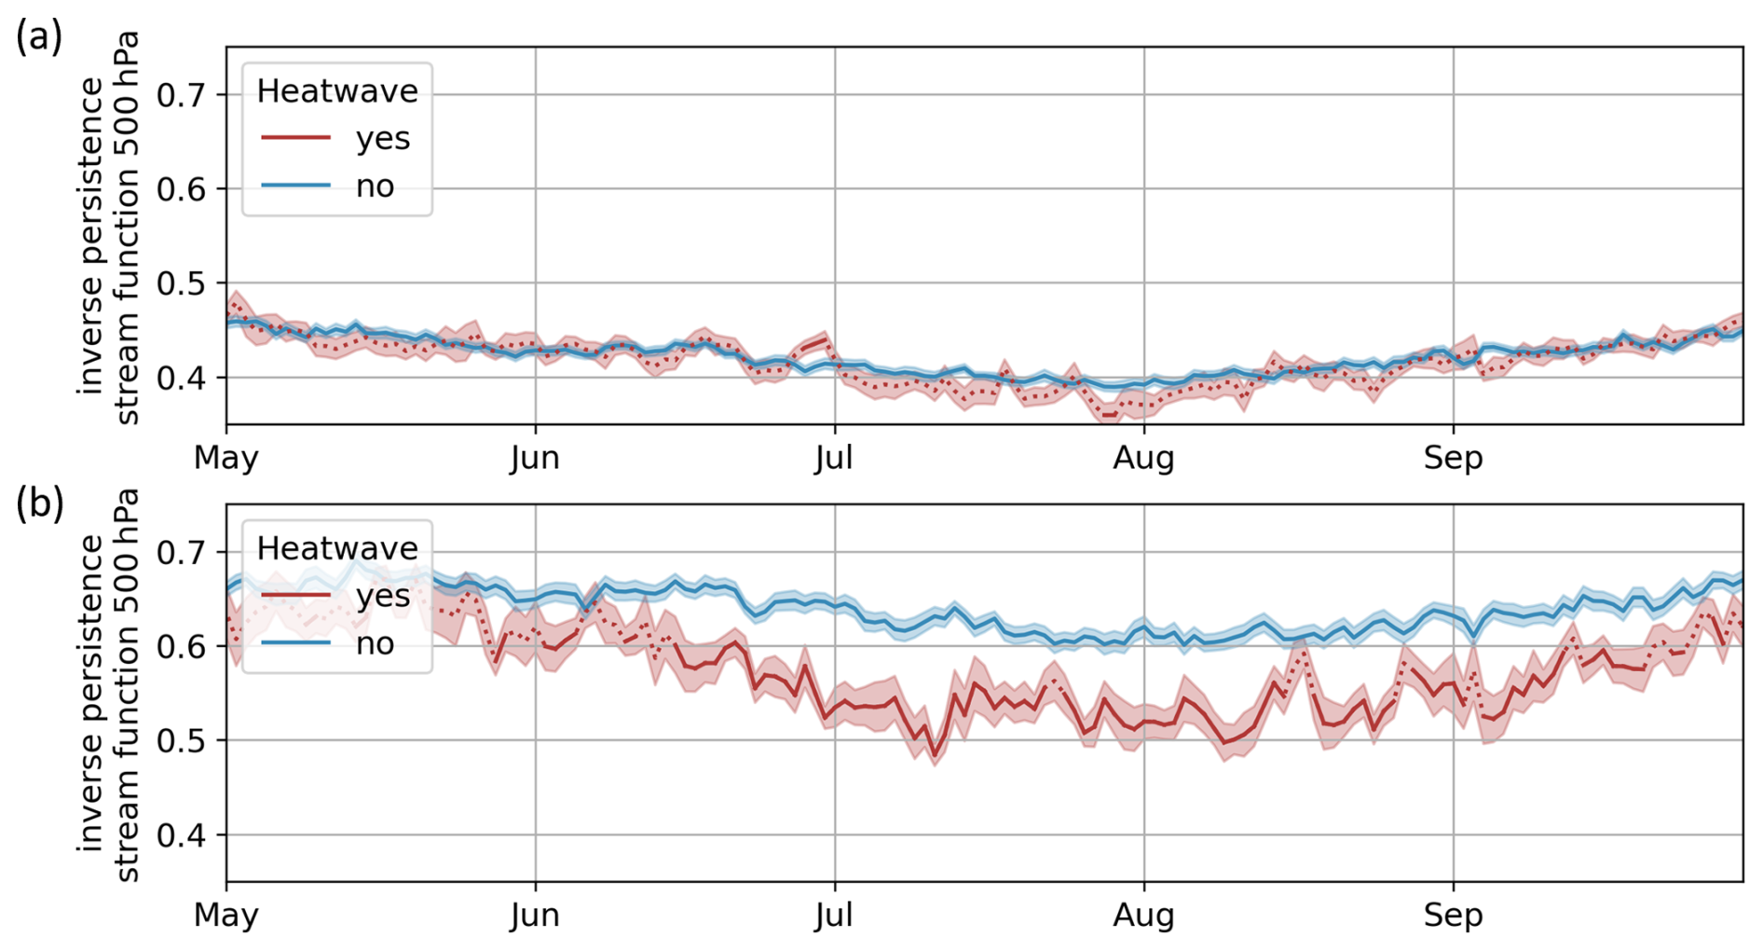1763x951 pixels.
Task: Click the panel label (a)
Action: click(39, 37)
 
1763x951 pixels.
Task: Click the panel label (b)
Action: click(39, 503)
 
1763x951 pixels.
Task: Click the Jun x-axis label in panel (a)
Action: click(535, 458)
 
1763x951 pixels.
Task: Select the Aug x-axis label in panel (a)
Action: click(1143, 458)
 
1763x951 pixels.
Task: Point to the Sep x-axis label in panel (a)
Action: click(1453, 458)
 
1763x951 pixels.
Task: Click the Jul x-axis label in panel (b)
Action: click(834, 915)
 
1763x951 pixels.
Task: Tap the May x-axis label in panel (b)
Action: click(226, 915)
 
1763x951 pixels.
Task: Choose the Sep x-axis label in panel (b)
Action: click(1453, 915)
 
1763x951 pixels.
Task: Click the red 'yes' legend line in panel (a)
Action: click(295, 138)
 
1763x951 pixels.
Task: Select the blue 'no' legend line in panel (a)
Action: click(295, 186)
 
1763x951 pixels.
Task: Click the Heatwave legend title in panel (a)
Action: click(337, 90)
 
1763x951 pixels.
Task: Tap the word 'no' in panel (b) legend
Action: click(375, 643)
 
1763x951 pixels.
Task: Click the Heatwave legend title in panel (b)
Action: click(337, 547)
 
